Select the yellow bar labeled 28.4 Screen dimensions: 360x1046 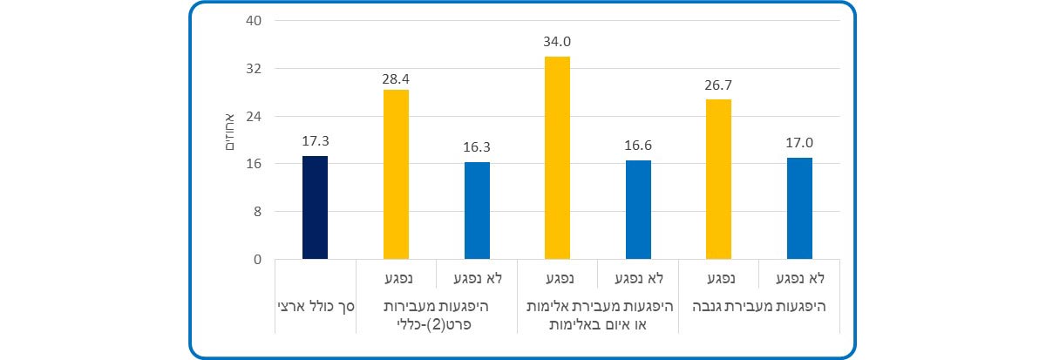pyautogui.click(x=396, y=174)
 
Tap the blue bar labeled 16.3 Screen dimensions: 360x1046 pyautogui.click(x=477, y=210)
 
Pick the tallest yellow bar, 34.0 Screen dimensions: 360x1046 pyautogui.click(x=557, y=158)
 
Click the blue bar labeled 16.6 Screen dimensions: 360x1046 pyautogui.click(x=638, y=209)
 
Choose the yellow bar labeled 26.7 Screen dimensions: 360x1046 pyautogui.click(x=718, y=179)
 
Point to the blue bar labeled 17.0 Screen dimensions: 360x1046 pyautogui.click(x=799, y=208)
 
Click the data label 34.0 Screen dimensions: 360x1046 pyautogui.click(x=557, y=41)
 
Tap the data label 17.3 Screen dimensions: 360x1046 pyautogui.click(x=315, y=140)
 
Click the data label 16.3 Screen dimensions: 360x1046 pyautogui.click(x=477, y=146)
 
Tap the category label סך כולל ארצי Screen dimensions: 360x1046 pyautogui.click(x=315, y=307)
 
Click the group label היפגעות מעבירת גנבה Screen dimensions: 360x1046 pyautogui.click(x=758, y=307)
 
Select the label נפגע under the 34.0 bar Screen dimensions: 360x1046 pyautogui.click(x=557, y=279)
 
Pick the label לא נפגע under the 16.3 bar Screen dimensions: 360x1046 pyautogui.click(x=477, y=279)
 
